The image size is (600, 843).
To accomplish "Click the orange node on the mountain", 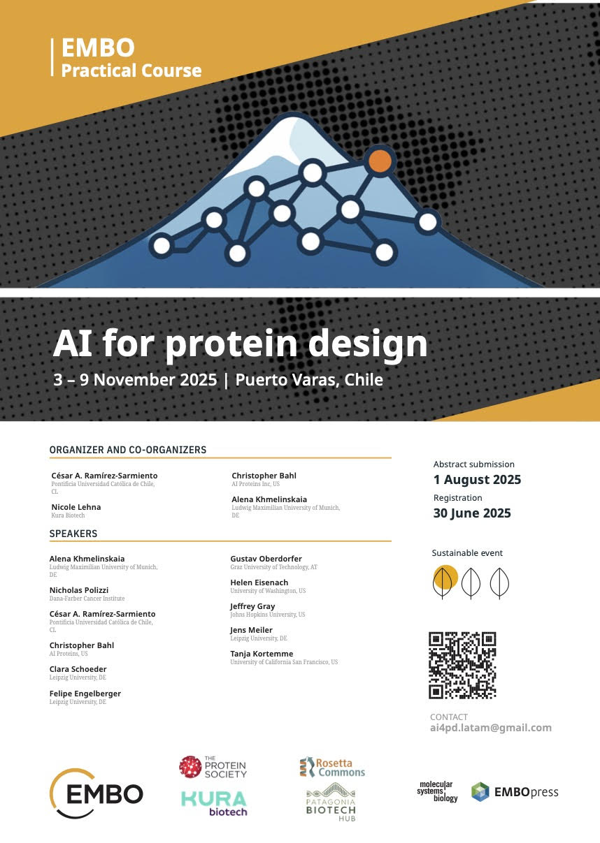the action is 380,161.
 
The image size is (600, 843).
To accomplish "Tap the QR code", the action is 462,665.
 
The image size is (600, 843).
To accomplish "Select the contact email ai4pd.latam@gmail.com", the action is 491,728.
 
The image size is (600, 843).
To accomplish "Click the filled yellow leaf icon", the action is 445,582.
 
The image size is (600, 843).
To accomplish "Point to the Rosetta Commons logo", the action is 332,768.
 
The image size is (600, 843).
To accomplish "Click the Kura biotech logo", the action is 214,803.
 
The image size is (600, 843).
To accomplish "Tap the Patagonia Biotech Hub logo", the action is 331,802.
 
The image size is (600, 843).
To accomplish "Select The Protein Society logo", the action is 213,768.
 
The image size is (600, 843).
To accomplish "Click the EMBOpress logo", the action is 515,792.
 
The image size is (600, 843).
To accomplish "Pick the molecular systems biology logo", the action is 437,791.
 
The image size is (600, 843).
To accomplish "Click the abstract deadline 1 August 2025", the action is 477,479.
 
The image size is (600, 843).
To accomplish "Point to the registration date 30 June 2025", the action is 472,513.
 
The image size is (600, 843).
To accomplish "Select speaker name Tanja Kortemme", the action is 262,654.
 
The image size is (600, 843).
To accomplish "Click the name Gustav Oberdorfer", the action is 266,559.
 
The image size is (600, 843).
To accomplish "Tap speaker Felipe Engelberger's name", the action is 85,694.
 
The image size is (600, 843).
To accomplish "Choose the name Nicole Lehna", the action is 76,507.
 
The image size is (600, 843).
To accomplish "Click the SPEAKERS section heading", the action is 73,534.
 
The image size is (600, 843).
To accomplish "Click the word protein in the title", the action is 231,345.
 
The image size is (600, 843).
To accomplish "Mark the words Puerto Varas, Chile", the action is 309,380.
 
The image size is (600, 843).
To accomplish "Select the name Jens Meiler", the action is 251,630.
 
